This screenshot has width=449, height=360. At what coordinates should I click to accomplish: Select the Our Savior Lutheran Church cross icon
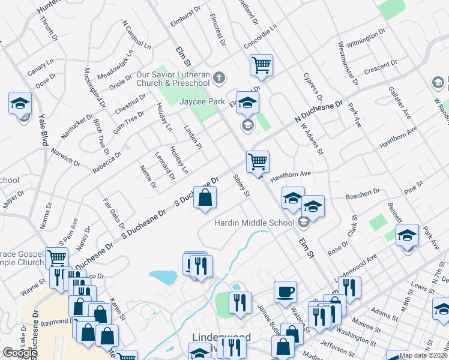[x=220, y=77]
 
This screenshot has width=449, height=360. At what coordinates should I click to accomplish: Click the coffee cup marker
[x=285, y=292]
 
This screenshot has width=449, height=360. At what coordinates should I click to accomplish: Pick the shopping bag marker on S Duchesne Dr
[x=205, y=197]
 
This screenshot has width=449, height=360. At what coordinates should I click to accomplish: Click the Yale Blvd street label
[x=43, y=130]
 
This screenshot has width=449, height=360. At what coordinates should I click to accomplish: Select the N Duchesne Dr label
[x=318, y=112]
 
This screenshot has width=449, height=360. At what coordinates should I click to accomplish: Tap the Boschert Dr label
[x=363, y=193]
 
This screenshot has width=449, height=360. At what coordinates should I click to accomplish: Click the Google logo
[x=20, y=353]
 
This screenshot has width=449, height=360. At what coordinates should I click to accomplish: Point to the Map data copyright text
[x=423, y=355]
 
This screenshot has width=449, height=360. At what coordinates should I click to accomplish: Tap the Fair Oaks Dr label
[x=113, y=214]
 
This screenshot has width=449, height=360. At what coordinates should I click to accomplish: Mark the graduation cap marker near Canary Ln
[x=20, y=103]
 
